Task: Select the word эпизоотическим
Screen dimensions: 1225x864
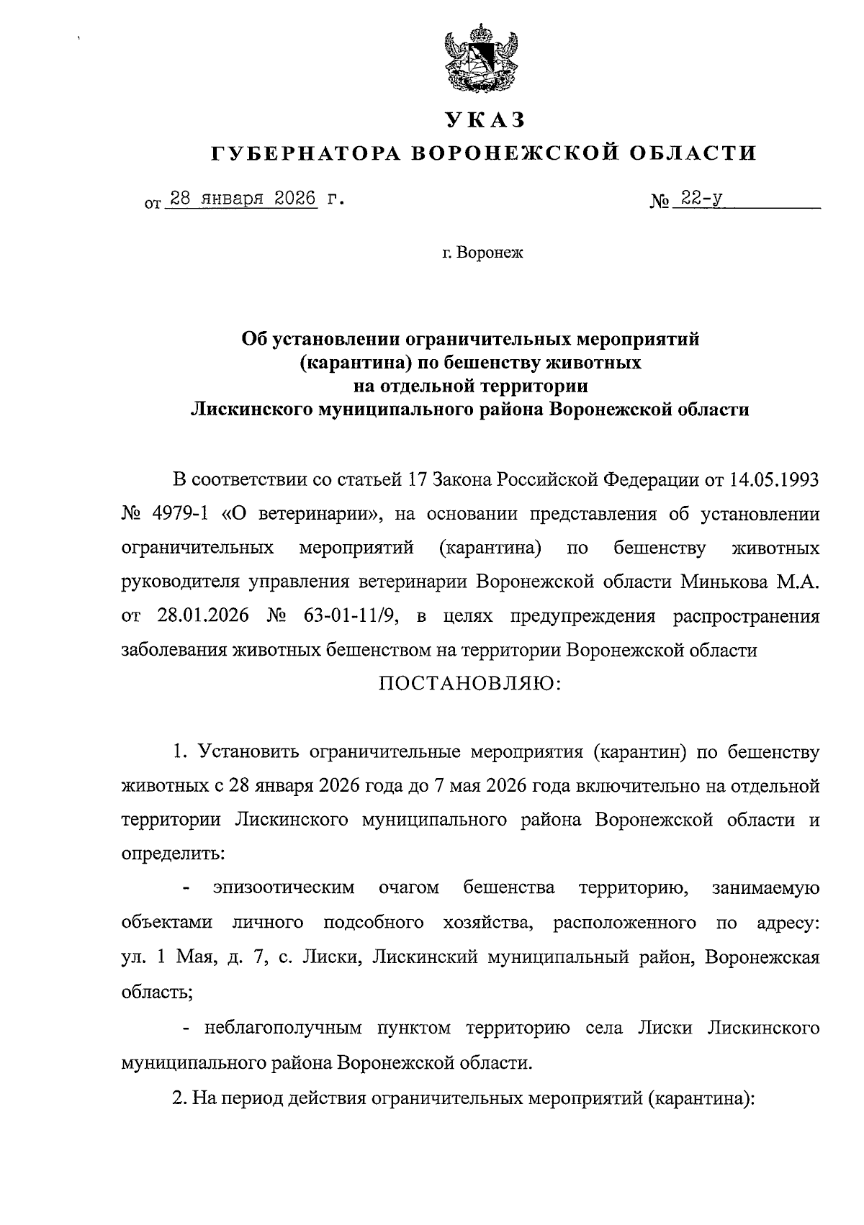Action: point(284,887)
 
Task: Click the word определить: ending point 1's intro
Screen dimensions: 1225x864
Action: point(173,854)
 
